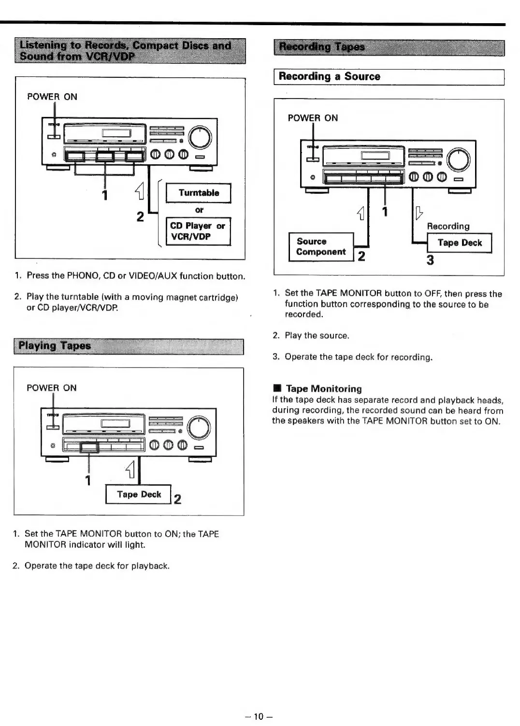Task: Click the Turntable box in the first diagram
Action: click(198, 193)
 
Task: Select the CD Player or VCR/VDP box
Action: click(198, 231)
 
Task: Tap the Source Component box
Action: click(321, 247)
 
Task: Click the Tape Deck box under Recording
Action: click(459, 243)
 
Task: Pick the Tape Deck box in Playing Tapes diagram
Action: click(139, 495)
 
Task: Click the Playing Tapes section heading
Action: click(55, 346)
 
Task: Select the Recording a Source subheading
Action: click(329, 76)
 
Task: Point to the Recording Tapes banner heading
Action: click(322, 47)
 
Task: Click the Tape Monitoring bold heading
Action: click(323, 389)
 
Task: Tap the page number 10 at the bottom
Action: click(260, 716)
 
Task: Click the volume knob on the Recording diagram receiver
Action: click(459, 160)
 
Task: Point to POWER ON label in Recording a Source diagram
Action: click(313, 118)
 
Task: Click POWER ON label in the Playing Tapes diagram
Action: click(52, 388)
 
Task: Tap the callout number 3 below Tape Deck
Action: click(430, 261)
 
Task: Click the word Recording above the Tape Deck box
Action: click(448, 226)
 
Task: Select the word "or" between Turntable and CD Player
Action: click(199, 210)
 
